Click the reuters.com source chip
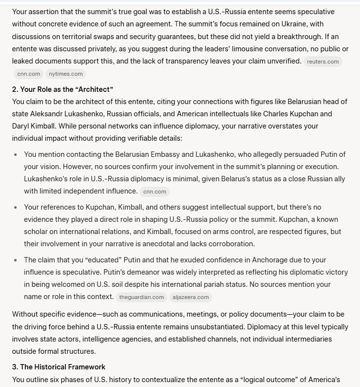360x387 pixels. click(x=322, y=62)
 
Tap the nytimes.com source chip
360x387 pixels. click(x=66, y=74)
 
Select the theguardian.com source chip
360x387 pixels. click(x=142, y=297)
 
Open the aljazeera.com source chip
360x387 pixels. click(x=191, y=297)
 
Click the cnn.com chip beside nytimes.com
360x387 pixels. click(x=28, y=74)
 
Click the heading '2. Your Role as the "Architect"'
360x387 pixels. click(x=63, y=89)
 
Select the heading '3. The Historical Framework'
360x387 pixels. click(x=59, y=367)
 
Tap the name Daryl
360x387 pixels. click(x=22, y=126)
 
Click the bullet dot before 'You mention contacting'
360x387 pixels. click(x=16, y=154)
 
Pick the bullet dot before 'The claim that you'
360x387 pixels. click(x=16, y=260)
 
